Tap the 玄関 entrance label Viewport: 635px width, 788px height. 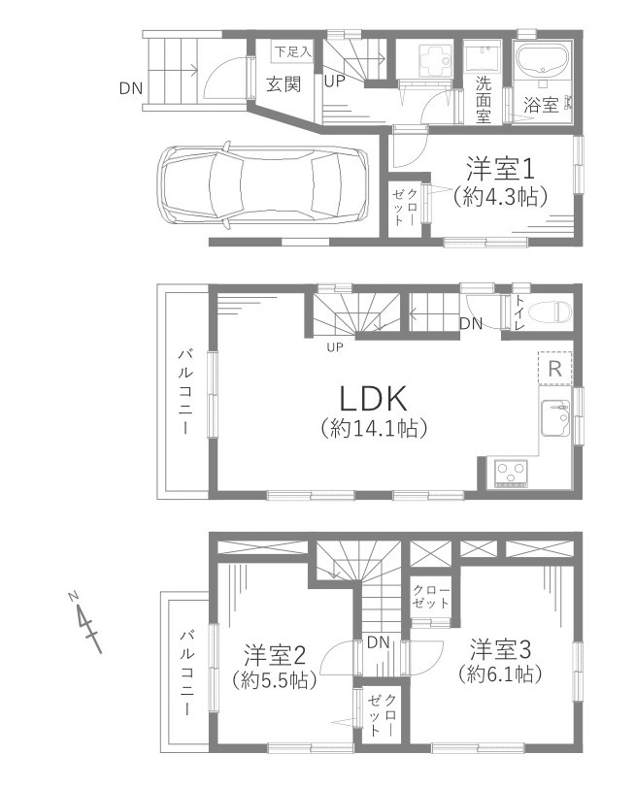tap(284, 84)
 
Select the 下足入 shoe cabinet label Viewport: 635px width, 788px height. tap(291, 50)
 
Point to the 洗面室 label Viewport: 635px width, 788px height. tap(483, 98)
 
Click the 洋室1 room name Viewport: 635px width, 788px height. tap(499, 168)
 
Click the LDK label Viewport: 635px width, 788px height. tap(369, 397)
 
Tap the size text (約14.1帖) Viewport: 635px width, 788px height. tap(370, 427)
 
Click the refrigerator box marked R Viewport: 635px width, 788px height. tap(554, 368)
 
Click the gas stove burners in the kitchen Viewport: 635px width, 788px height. tap(512, 473)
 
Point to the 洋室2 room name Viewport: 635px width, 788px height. tap(274, 653)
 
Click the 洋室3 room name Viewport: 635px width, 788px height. tap(501, 646)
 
